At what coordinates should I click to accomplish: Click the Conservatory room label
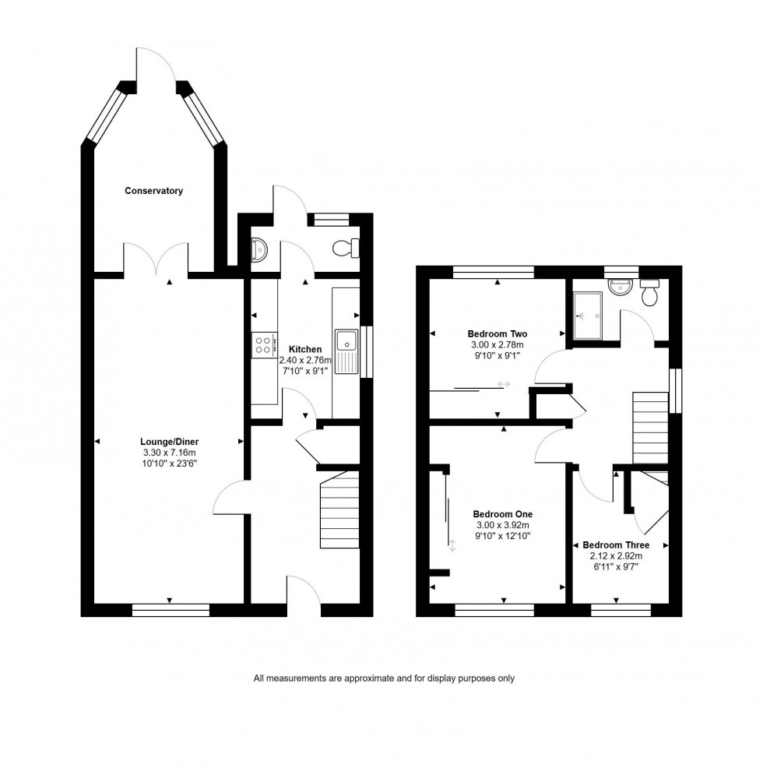(153, 191)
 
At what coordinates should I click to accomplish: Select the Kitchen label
(304, 349)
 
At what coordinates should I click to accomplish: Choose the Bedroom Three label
(616, 545)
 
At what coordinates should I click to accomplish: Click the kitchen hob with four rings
(263, 344)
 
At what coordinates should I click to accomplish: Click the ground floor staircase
(339, 511)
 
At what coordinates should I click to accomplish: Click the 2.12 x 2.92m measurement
(616, 556)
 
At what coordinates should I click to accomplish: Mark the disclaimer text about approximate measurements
(384, 679)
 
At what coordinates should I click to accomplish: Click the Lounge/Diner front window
(171, 610)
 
